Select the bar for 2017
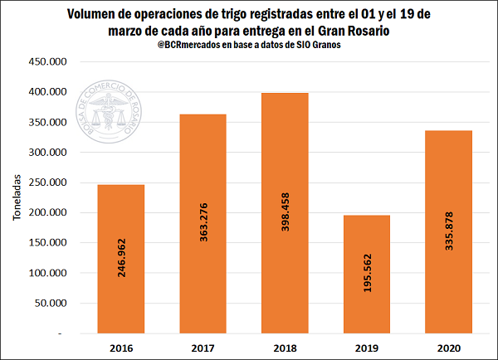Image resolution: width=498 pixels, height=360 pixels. click(202, 224)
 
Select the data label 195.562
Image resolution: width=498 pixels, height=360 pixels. click(365, 285)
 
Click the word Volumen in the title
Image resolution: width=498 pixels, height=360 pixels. click(95, 13)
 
